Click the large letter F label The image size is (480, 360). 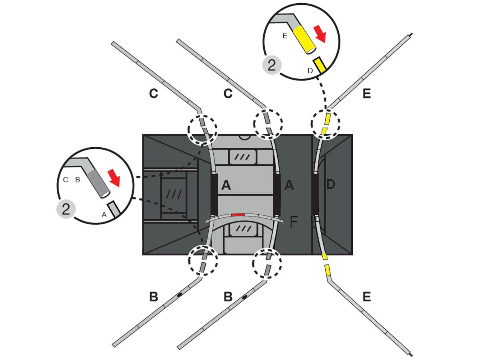(294, 222)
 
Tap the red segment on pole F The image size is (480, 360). (238, 215)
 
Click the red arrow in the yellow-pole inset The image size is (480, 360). (320, 34)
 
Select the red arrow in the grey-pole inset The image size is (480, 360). (114, 178)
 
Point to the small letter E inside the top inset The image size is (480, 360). (284, 36)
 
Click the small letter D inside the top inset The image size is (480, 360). (310, 71)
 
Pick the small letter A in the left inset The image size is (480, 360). (104, 215)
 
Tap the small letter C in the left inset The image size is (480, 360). (65, 180)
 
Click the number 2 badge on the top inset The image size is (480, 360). (272, 65)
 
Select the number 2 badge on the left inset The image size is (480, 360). (66, 209)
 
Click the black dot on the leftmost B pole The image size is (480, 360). (179, 295)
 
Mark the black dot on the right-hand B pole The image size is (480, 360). (244, 297)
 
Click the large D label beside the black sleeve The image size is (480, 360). (330, 184)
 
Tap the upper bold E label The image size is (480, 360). (366, 94)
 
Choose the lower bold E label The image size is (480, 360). (366, 297)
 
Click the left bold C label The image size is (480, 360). (154, 94)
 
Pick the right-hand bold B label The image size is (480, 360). (228, 297)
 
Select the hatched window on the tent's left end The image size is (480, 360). (174, 194)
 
